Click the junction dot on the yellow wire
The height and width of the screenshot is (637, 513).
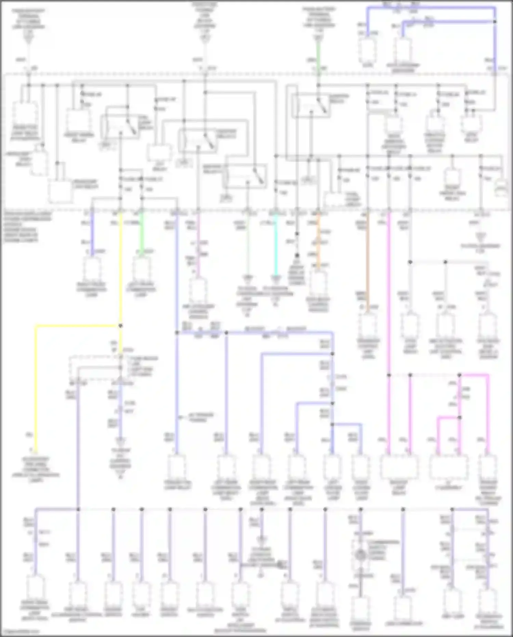[x=120, y=326]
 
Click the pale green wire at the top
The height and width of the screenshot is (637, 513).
[x=318, y=51]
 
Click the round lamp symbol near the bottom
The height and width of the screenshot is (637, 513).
[x=360, y=555]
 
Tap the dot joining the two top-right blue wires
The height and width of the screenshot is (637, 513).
[x=495, y=22]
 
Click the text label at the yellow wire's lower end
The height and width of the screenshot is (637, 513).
[x=36, y=469]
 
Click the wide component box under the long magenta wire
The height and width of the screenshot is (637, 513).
[x=399, y=467]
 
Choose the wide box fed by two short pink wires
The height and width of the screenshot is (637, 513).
[x=448, y=467]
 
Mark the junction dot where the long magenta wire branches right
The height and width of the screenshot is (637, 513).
[x=389, y=375]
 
